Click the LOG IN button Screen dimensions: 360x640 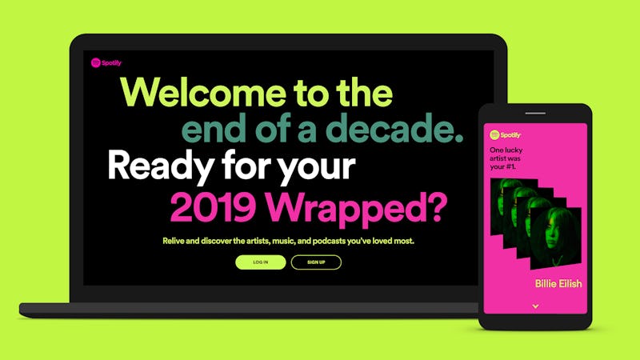tap(260, 262)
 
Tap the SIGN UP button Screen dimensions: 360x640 tap(316, 262)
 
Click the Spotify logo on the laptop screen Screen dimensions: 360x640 tap(106, 62)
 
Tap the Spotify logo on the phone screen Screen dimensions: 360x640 tap(506, 135)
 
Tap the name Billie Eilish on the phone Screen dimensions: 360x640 tap(558, 283)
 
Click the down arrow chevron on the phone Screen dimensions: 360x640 tap(535, 306)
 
